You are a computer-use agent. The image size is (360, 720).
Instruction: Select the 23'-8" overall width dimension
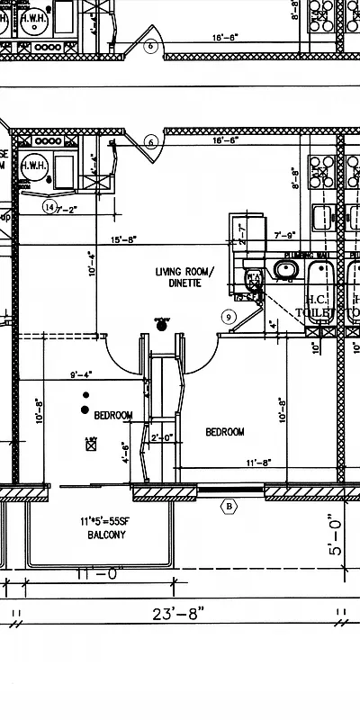(x=179, y=614)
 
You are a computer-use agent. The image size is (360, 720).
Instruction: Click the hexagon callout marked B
(x=229, y=507)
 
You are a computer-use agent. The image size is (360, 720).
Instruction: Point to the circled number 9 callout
(x=229, y=316)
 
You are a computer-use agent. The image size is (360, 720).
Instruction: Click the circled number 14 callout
(x=49, y=206)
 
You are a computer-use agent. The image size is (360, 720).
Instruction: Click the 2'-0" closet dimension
(x=162, y=438)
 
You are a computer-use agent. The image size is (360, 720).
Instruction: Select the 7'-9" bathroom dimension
(x=284, y=236)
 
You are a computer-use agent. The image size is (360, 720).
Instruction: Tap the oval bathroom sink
(x=286, y=269)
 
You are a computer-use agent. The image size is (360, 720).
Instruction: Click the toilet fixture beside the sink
(x=252, y=275)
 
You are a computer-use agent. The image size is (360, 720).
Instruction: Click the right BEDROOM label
(x=225, y=432)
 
